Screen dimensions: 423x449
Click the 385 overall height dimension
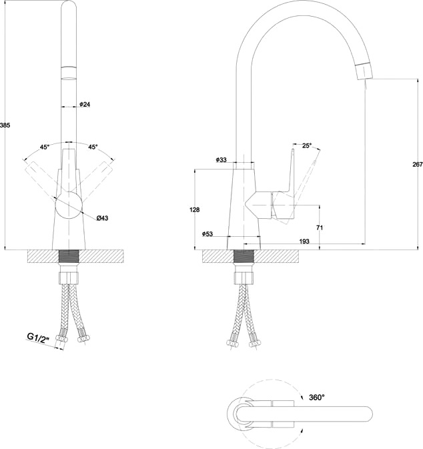pyautogui.click(x=5, y=125)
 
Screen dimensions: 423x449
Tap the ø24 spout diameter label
pyautogui.click(x=85, y=104)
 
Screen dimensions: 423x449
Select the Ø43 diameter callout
pyautogui.click(x=103, y=218)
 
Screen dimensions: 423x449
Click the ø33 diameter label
pyautogui.click(x=221, y=159)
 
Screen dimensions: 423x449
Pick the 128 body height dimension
pyautogui.click(x=194, y=209)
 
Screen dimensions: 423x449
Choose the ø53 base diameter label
pyautogui.click(x=207, y=234)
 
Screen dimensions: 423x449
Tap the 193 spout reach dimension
pyautogui.click(x=304, y=242)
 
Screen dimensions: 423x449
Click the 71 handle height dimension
pyautogui.click(x=320, y=228)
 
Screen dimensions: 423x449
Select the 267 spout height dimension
pyautogui.click(x=418, y=164)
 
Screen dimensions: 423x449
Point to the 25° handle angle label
pyautogui.click(x=307, y=145)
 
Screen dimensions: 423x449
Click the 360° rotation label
pyautogui.click(x=317, y=397)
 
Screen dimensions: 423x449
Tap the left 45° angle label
pyautogui.click(x=45, y=147)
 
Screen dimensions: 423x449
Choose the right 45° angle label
pyautogui.click(x=93, y=147)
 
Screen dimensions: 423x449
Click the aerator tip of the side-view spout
pyautogui.click(x=364, y=71)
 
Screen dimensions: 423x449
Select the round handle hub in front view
pyautogui.click(x=69, y=206)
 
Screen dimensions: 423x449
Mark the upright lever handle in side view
pyautogui.click(x=292, y=171)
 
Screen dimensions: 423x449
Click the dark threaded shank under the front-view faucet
pyautogui.click(x=69, y=257)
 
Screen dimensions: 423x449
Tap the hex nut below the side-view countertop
pyautogui.click(x=244, y=278)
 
